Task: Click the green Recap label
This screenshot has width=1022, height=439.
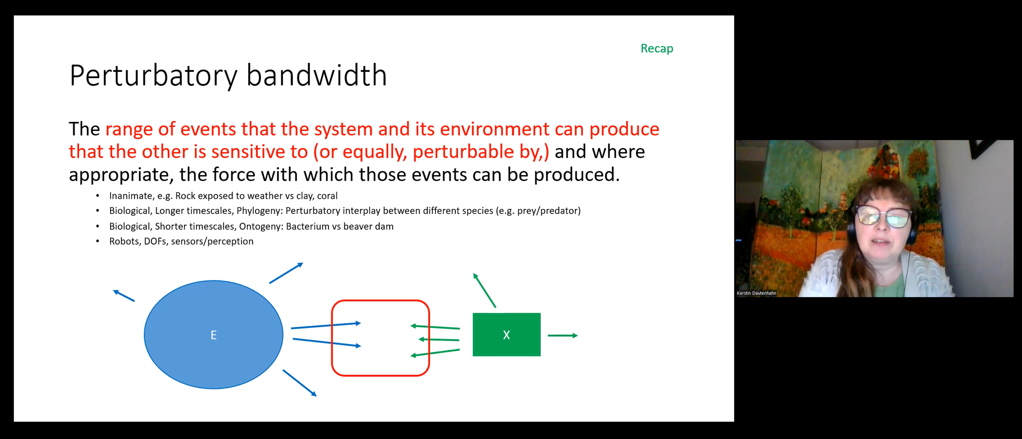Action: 657,48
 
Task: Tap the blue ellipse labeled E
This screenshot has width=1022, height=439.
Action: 214,335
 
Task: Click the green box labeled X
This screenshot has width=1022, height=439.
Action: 506,335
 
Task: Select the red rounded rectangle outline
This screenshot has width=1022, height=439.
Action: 332,338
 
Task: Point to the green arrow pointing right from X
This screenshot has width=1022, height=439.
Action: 563,336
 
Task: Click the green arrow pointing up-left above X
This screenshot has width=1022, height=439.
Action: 484,290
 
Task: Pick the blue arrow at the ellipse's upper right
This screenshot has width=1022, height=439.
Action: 286,273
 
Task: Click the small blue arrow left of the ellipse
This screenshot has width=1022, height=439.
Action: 124,296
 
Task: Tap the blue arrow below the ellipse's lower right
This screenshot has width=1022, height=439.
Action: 300,383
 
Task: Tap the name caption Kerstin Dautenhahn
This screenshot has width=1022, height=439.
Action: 756,293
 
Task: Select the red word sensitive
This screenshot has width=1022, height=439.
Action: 259,152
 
